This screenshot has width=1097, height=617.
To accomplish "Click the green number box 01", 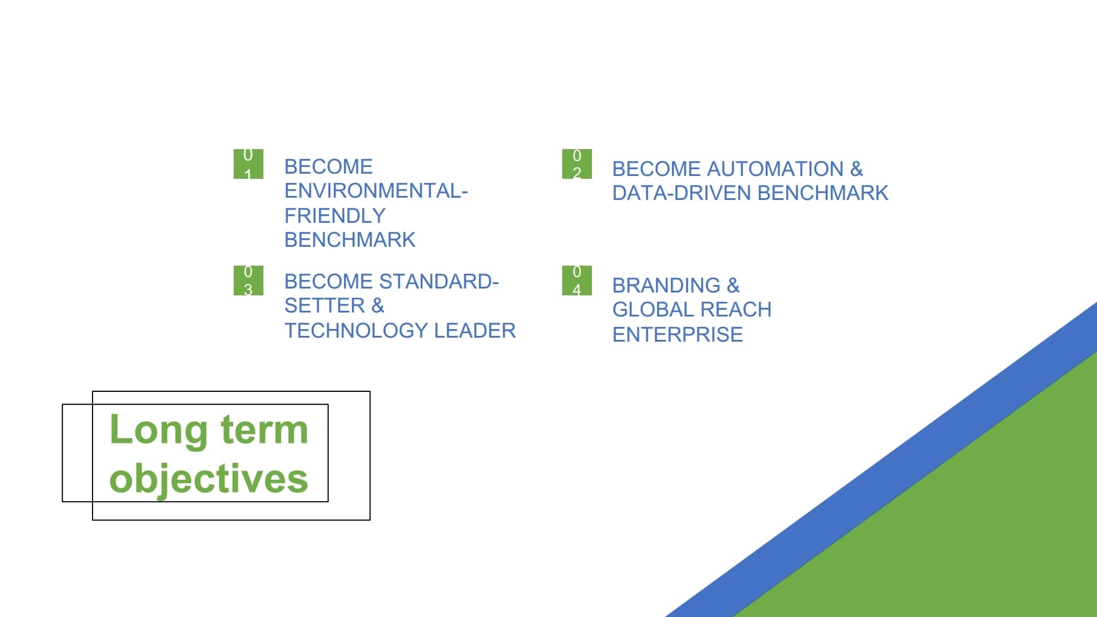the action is [249, 164].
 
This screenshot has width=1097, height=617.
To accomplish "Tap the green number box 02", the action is [577, 164].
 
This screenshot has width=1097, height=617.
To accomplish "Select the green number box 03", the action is [249, 281].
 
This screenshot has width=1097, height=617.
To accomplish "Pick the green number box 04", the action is [577, 281].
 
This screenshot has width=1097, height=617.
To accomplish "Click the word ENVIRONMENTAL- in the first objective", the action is [376, 191].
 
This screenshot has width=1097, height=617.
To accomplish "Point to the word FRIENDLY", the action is [335, 216].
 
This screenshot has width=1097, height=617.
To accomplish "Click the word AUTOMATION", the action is [775, 169].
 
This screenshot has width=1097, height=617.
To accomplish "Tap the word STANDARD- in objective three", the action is [439, 282].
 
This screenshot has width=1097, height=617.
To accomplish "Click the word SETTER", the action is [325, 306].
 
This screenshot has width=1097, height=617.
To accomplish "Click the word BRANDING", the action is [666, 286].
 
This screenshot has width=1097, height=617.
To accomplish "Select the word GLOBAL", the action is [653, 310].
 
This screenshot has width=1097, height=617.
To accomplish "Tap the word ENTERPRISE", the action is [678, 335].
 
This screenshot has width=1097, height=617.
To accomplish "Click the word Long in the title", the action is [158, 430].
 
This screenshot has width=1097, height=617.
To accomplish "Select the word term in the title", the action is [265, 430].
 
